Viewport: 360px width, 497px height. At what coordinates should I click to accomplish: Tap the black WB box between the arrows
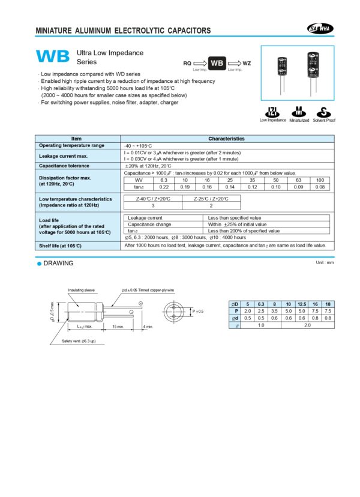tap(219, 63)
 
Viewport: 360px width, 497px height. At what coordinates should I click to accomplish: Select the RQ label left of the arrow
tap(187, 63)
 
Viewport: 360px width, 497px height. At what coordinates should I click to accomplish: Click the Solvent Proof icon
tap(323, 112)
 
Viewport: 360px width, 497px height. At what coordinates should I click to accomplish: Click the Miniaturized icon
tap(298, 112)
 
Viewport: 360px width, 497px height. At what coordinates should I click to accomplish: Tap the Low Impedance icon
tap(272, 112)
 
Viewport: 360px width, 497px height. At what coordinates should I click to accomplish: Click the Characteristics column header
tap(226, 139)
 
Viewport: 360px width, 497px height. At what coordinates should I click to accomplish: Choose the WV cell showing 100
tap(320, 180)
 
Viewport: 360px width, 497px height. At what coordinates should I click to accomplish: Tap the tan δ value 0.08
tap(320, 187)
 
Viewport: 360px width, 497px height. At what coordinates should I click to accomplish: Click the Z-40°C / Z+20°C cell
tap(153, 199)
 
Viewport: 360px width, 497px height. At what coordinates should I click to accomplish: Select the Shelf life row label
tap(62, 245)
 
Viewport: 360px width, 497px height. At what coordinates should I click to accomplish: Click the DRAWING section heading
tap(58, 263)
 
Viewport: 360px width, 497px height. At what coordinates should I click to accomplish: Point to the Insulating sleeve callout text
tap(81, 290)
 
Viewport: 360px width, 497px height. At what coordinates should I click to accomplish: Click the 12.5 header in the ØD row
tap(302, 305)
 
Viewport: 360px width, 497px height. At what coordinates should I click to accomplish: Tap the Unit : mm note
tap(324, 263)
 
